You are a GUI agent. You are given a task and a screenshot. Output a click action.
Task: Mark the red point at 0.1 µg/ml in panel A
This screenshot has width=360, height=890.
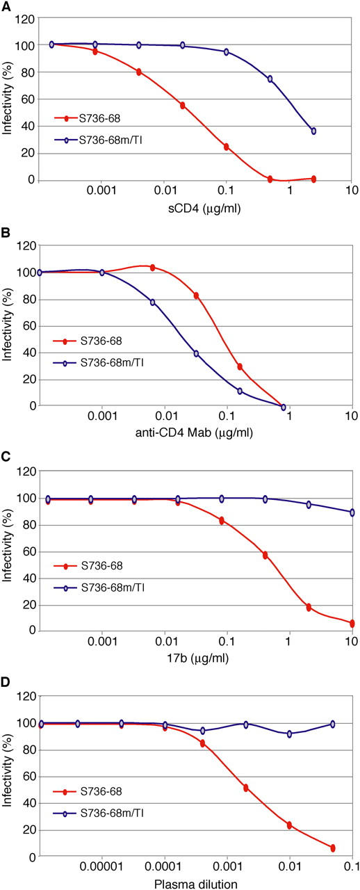[x=227, y=147]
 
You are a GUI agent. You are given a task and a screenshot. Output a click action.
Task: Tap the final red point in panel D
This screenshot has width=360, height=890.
[x=333, y=848]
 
